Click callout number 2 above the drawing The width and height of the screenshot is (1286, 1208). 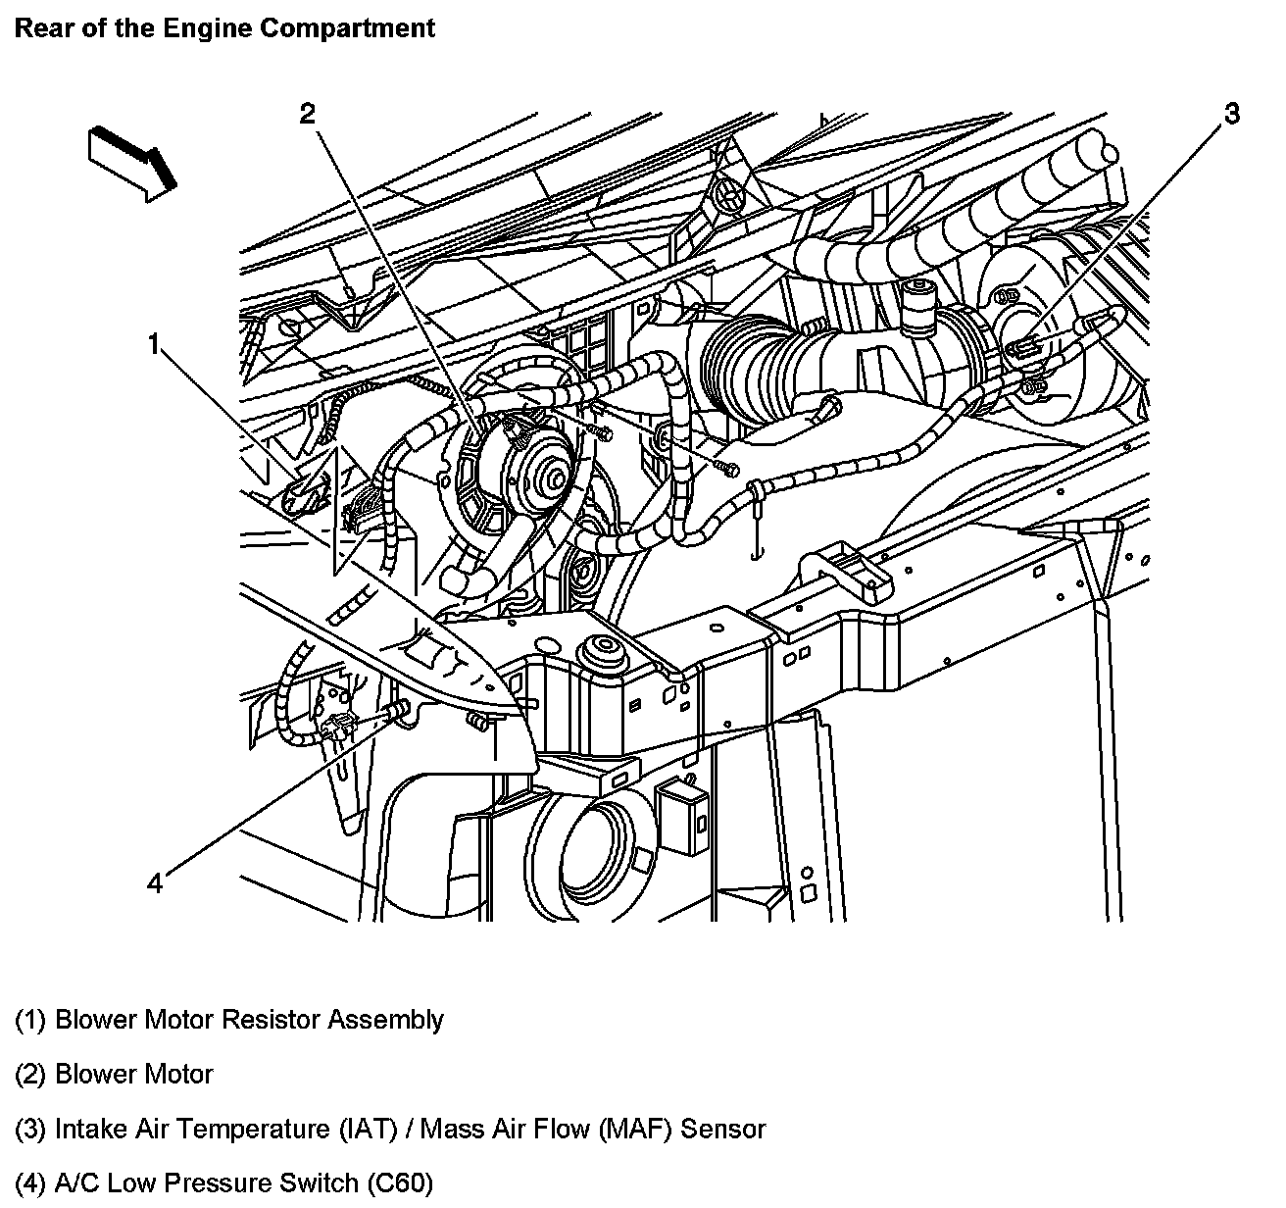[307, 114]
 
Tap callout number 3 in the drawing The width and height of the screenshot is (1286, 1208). [1231, 114]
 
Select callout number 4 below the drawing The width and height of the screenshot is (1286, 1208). [154, 883]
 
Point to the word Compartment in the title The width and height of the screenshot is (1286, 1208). [348, 27]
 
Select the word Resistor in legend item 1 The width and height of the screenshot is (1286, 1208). [272, 1020]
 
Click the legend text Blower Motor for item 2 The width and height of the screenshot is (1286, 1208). [133, 1075]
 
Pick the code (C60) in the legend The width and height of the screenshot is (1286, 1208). [399, 1183]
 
